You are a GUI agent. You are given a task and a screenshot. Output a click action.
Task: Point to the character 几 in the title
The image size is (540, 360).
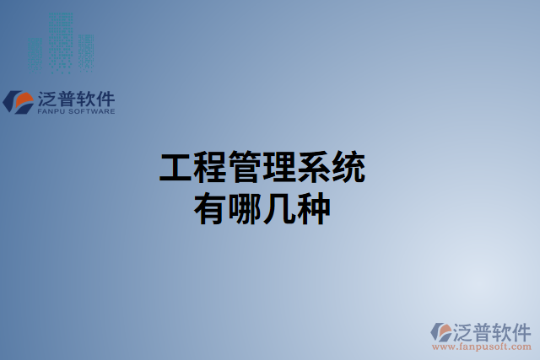[x=280, y=207]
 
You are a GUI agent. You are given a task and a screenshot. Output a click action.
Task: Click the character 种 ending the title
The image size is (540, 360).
[x=315, y=207]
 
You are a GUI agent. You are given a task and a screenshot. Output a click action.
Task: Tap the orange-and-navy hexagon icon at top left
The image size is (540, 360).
[x=19, y=101]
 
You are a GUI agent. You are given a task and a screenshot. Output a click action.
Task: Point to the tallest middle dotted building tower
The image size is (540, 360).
[x=61, y=38]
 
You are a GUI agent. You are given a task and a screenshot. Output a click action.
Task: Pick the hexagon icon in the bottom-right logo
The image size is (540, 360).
[x=442, y=330]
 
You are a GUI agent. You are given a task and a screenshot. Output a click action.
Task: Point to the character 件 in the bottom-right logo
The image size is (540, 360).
[x=521, y=330]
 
